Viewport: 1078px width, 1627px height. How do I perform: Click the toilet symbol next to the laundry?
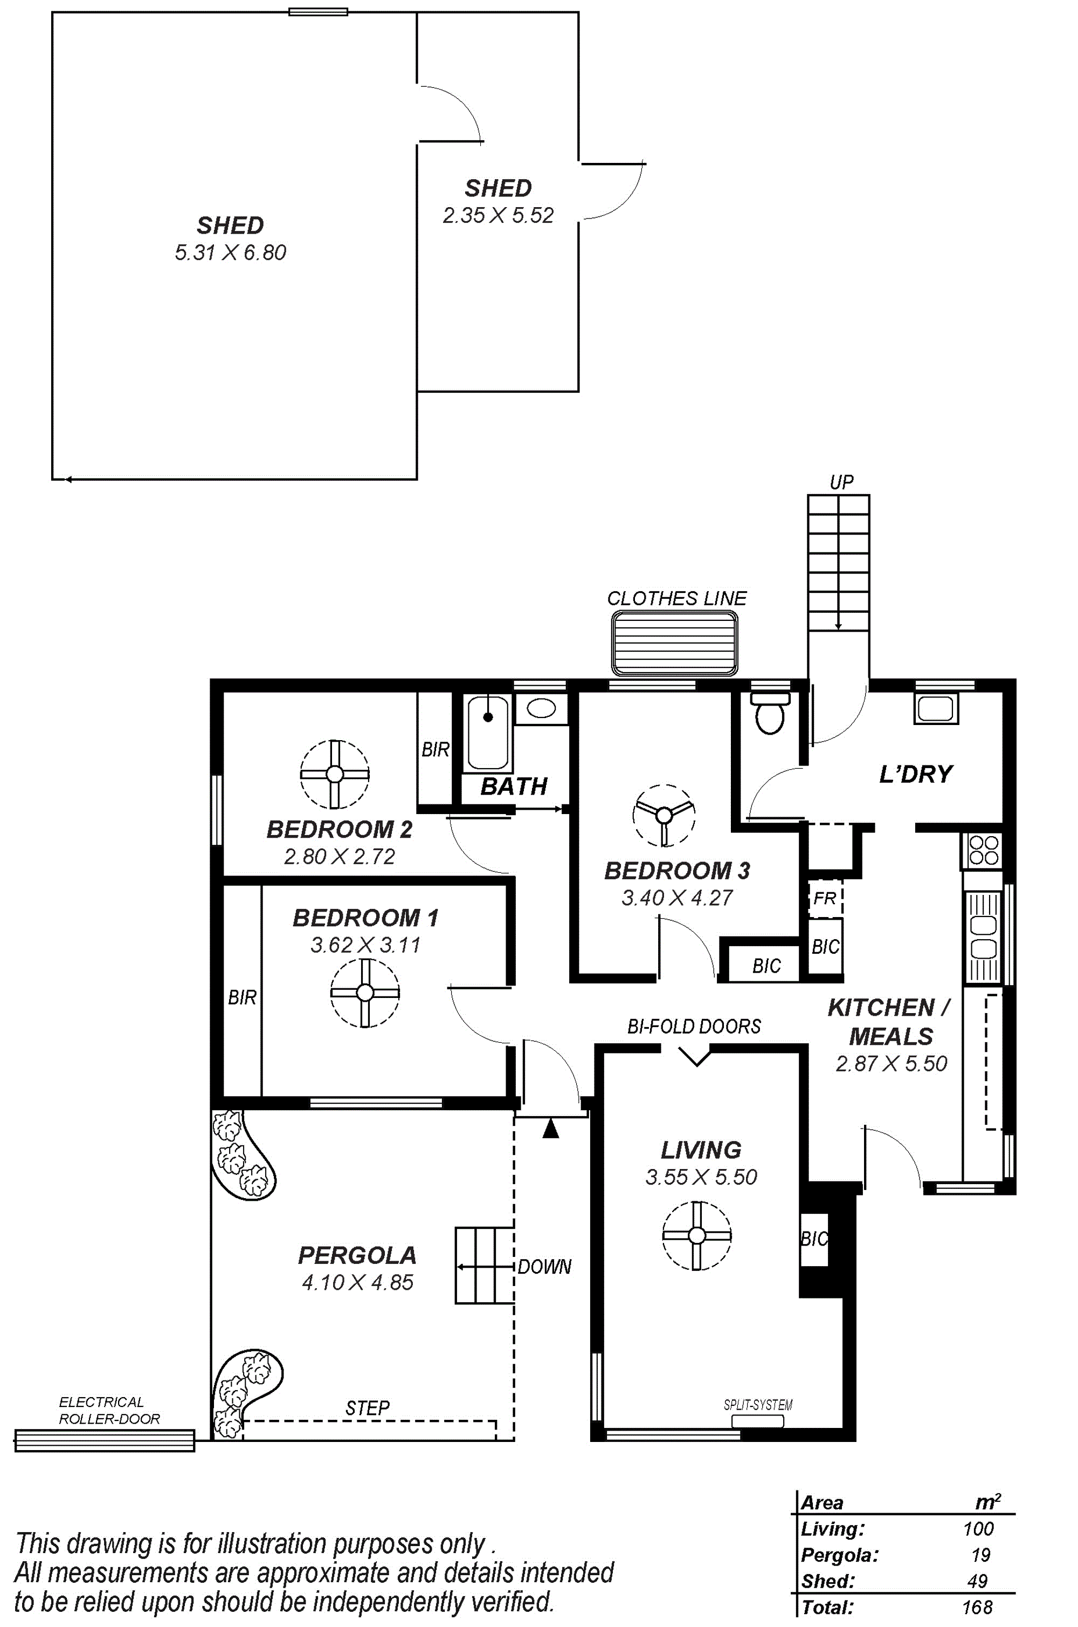pos(770,713)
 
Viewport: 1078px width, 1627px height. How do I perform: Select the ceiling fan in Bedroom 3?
pos(664,815)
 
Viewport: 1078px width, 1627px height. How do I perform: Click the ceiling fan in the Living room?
pos(696,1235)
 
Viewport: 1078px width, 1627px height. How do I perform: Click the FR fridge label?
pos(824,898)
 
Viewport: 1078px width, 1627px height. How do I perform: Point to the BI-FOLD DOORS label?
pos(694,1027)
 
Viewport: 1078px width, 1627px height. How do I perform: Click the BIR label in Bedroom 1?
pos(242,997)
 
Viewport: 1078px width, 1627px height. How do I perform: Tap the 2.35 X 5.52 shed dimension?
pos(497,215)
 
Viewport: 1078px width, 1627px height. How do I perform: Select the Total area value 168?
pos(977,1607)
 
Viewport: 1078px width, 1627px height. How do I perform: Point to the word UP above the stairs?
pos(841,482)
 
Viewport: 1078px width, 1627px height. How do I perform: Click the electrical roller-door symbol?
pos(105,1440)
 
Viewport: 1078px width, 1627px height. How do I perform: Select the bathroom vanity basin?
pos(541,709)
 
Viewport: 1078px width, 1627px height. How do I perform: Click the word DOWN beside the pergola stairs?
pos(544,1267)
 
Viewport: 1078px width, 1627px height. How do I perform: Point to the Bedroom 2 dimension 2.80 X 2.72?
pos(340,857)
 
